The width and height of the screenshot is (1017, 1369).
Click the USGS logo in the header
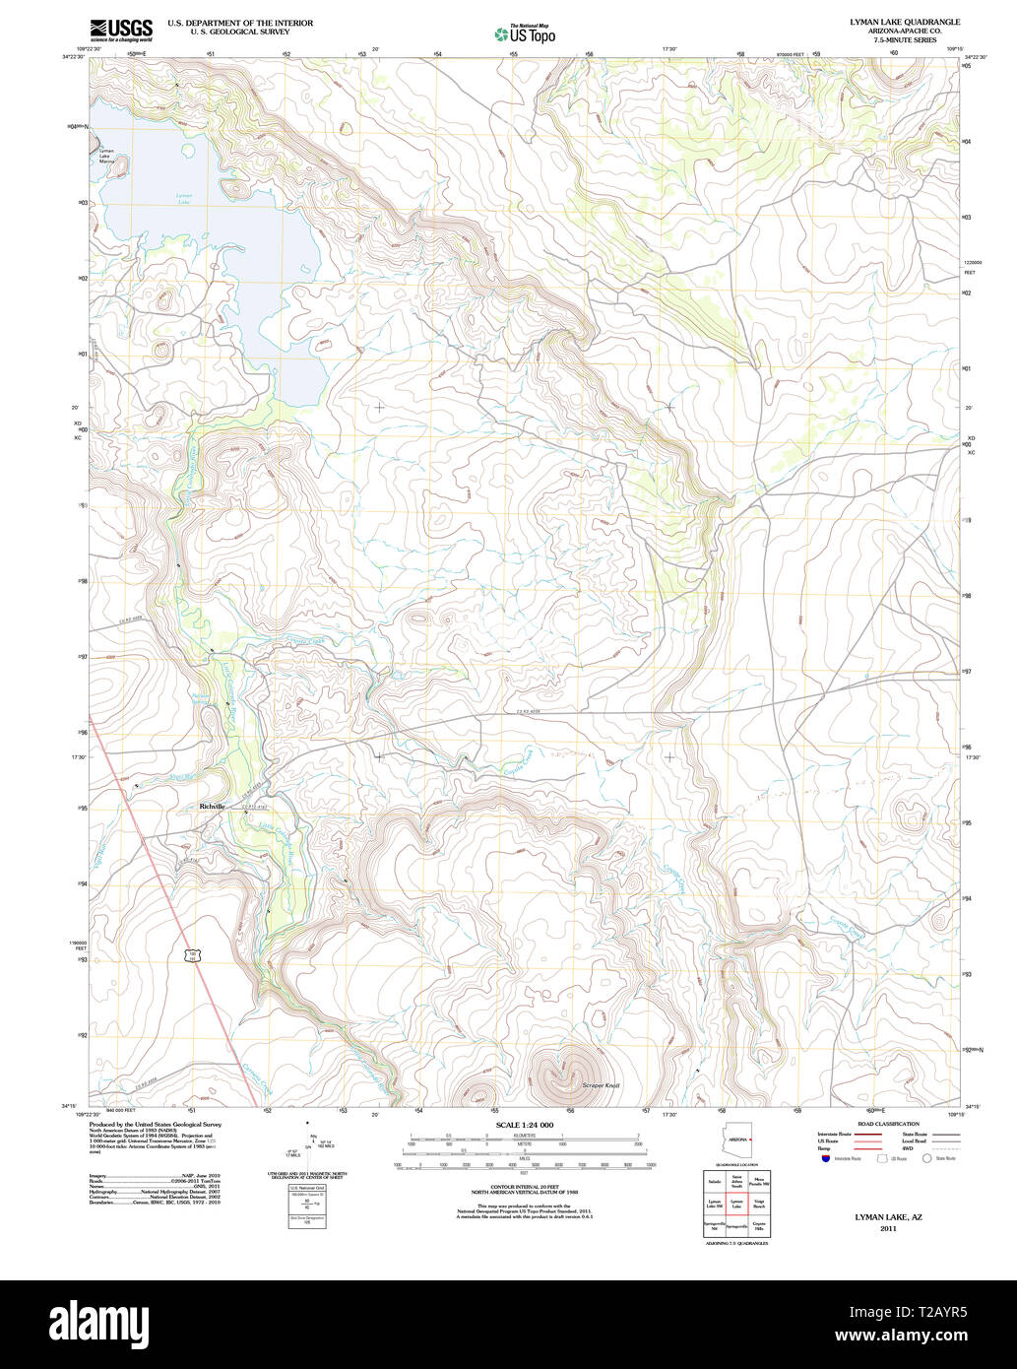[120, 31]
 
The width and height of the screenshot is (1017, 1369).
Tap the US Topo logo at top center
[526, 34]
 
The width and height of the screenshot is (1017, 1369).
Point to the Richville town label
[213, 806]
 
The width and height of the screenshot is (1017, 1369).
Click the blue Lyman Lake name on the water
[184, 196]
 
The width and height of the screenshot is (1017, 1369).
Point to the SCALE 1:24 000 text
[525, 1125]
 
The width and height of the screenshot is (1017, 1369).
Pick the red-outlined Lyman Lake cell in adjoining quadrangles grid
[736, 1203]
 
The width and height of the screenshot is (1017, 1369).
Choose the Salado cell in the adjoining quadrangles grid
[714, 1180]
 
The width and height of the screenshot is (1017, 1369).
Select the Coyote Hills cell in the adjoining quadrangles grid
[758, 1226]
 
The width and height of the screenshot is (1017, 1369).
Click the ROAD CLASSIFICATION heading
[890, 1124]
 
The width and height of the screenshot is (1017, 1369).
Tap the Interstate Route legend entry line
[865, 1135]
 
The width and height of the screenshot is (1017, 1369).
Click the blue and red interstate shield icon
[823, 1158]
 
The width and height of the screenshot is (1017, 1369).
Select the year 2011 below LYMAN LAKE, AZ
[889, 1229]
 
